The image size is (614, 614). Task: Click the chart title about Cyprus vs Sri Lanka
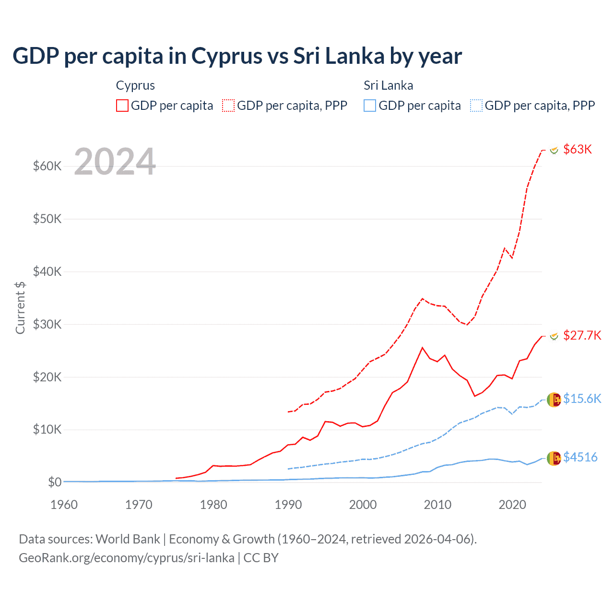coord(237,56)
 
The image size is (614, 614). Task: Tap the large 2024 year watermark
coord(115,162)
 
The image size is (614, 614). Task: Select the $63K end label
coord(578,149)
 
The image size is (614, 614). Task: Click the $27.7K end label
coord(582,335)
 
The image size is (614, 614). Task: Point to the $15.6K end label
coord(582,399)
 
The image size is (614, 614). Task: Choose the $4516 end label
coord(580,457)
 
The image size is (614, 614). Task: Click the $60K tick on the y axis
coord(47,166)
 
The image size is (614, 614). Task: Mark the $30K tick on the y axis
coord(47,324)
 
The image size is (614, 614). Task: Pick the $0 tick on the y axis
coord(54,482)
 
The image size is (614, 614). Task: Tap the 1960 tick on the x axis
coord(64,505)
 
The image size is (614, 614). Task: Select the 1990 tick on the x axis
coord(288,505)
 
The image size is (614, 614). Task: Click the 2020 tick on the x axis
coord(512,505)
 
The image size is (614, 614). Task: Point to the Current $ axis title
coord(20,307)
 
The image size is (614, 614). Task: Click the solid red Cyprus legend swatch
coord(122,106)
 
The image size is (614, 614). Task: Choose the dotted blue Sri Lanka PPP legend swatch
coord(476,106)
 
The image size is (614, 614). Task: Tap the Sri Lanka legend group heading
coord(388,85)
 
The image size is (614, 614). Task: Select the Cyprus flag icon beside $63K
coord(554,150)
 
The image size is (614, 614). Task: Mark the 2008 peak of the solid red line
coord(422,348)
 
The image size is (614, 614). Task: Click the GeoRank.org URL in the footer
coord(127,558)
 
